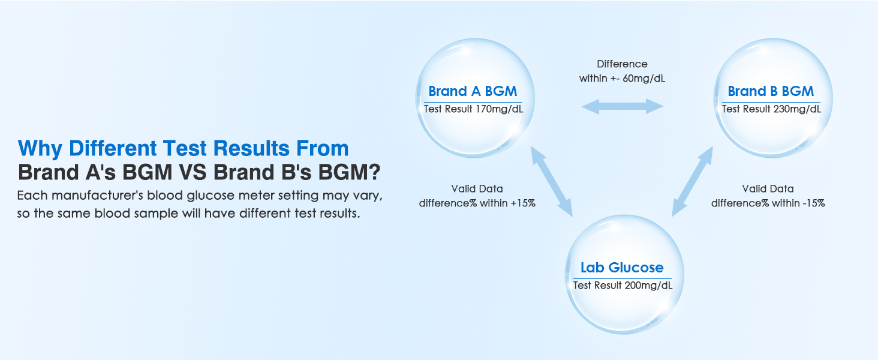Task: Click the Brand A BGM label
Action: pos(473,91)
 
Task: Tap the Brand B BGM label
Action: pos(771,91)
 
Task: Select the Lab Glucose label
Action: pos(622,268)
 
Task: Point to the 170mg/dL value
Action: pos(499,109)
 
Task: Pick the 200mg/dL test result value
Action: pos(648,286)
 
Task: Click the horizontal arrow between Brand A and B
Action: pos(622,106)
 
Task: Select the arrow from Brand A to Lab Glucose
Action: pos(552,181)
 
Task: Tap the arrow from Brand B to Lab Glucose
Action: pos(692,181)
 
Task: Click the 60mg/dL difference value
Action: pos(644,79)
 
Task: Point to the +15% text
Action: pos(523,203)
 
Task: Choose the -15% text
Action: pos(813,203)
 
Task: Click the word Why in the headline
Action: pos(40,149)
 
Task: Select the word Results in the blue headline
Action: pos(251,148)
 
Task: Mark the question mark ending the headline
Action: pos(375,172)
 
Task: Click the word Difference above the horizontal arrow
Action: pos(622,64)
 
